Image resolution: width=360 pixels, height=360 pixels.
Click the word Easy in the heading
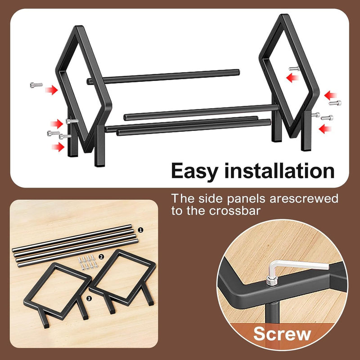pyautogui.click(x=194, y=171)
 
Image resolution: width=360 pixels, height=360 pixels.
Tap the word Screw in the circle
pyautogui.click(x=282, y=334)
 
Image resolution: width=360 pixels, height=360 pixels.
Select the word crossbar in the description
pyautogui.click(x=234, y=211)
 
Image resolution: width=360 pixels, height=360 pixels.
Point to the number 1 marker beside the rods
pyautogui.click(x=140, y=230)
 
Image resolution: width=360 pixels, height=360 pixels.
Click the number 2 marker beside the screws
pyautogui.click(x=101, y=257)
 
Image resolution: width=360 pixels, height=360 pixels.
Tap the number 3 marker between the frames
pyautogui.click(x=89, y=298)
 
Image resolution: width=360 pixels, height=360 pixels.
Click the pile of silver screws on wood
pyautogui.click(x=88, y=262)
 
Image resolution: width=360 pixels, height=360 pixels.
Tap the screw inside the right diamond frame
pyautogui.click(x=294, y=68)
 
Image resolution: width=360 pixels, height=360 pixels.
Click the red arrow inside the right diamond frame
pyautogui.click(x=292, y=77)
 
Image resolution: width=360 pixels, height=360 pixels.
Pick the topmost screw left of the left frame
pyautogui.click(x=36, y=85)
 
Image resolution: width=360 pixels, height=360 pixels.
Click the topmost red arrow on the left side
pyautogui.click(x=51, y=90)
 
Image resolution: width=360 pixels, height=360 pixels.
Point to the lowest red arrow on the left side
pyautogui.click(x=58, y=147)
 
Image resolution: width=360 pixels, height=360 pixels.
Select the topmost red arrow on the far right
pyautogui.click(x=330, y=95)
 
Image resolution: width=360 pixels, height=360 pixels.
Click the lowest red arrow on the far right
pyautogui.click(x=325, y=129)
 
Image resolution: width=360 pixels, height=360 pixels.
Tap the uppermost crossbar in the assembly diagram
pyautogui.click(x=163, y=76)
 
